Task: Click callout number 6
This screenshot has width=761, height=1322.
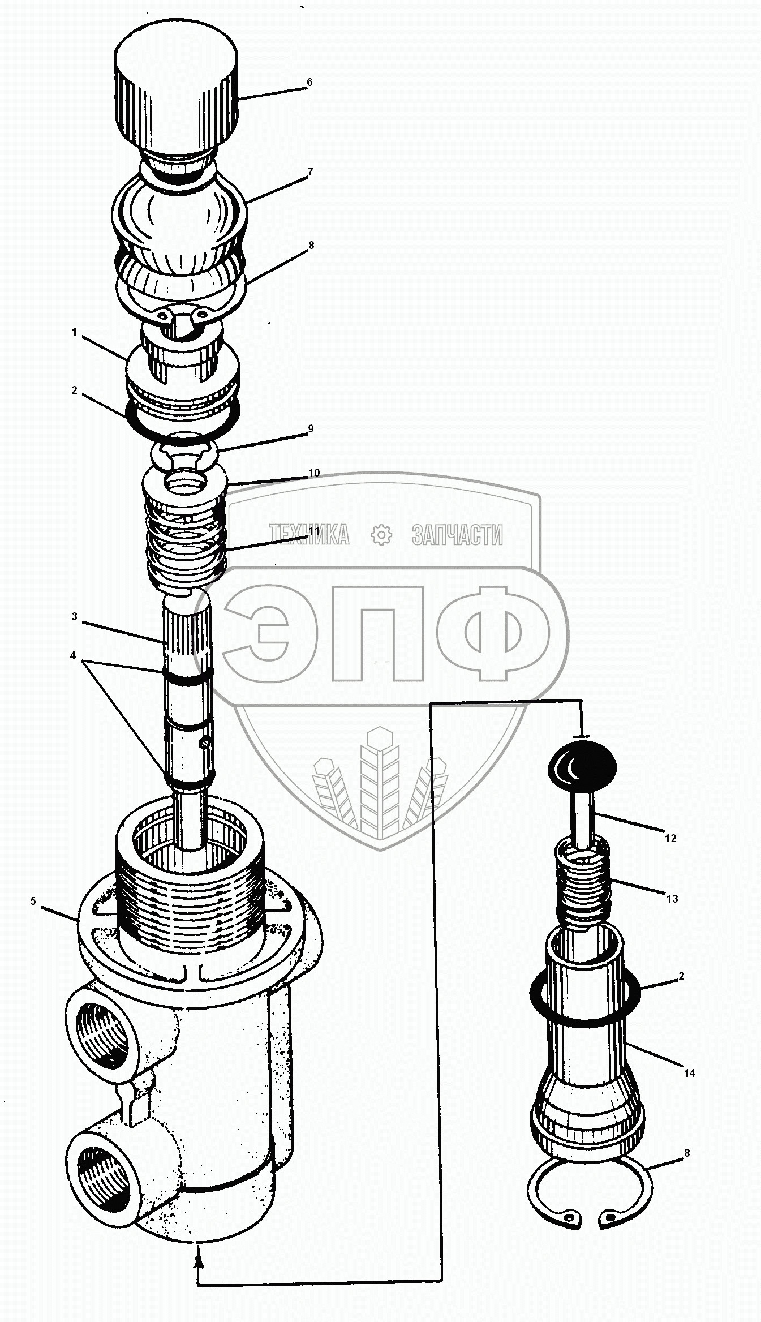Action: [309, 83]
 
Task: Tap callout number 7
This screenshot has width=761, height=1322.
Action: [310, 171]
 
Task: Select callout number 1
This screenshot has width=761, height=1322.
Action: [74, 333]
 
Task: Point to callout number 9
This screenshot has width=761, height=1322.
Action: [310, 429]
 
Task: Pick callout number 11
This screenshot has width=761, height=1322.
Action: [314, 531]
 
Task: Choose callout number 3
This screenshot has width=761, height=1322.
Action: [74, 617]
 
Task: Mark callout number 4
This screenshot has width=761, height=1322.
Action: [73, 655]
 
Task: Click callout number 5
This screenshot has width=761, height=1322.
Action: [33, 902]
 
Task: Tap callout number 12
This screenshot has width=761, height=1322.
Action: [670, 838]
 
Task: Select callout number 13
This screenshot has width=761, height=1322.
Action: [672, 899]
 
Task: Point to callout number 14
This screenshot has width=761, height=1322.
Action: [689, 1073]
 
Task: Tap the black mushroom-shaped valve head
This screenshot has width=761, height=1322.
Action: [582, 768]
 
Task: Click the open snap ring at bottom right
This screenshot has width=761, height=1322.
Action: [590, 1187]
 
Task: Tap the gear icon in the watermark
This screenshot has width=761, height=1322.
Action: [381, 535]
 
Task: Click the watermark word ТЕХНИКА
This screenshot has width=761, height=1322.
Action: [309, 535]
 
